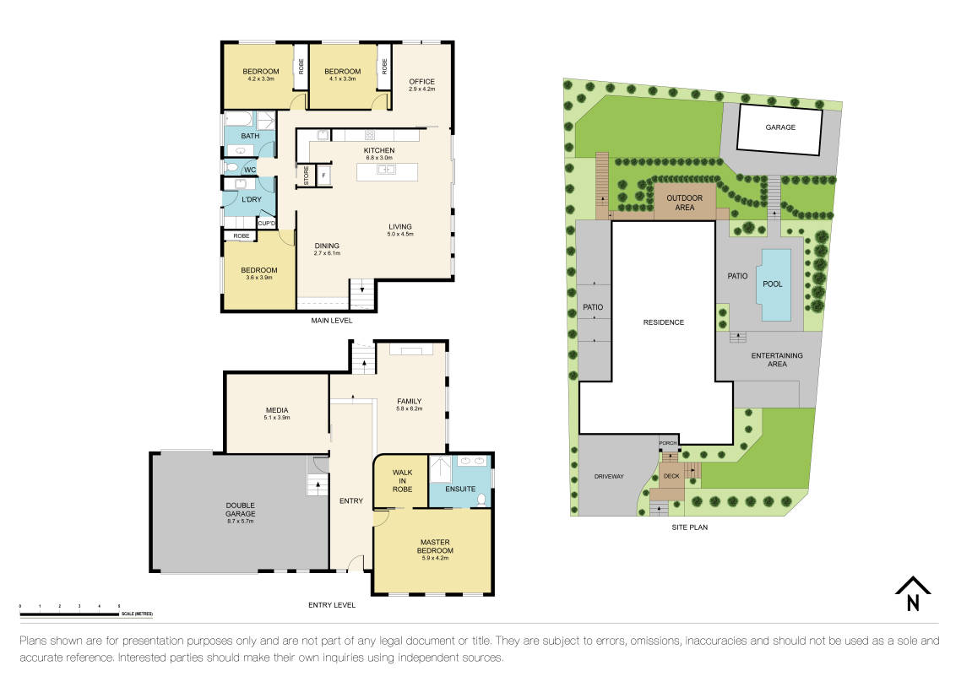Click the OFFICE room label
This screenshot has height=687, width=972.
point(421,82)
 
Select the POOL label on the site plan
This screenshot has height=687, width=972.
point(773,284)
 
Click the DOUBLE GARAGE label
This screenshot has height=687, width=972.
point(240,509)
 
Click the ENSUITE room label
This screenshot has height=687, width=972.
point(461,489)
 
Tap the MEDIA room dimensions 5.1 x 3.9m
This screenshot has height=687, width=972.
point(277,417)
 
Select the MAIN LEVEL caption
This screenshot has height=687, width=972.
point(331,321)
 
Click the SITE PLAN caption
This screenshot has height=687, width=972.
point(689,527)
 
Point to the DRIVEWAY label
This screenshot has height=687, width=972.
point(608,477)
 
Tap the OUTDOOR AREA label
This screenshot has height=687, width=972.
point(685,203)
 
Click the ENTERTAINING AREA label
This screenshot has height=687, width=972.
point(777,360)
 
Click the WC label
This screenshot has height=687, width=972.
point(250,170)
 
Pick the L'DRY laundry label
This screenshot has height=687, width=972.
point(251,199)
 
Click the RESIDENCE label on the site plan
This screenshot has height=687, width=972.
point(663,322)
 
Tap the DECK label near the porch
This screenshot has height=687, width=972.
point(671,476)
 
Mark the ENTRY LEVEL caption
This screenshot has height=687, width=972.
point(332,605)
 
